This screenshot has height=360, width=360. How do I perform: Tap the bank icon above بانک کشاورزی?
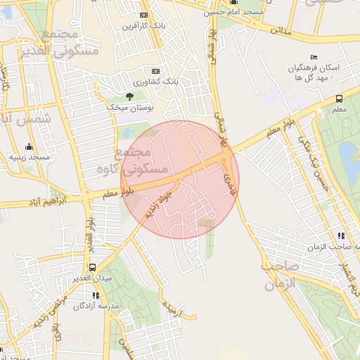155,71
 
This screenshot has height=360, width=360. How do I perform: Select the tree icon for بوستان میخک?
129,96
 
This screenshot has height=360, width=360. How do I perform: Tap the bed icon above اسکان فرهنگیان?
314,57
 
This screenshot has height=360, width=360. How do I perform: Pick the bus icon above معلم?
339,99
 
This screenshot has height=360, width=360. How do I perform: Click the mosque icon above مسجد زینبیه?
29,146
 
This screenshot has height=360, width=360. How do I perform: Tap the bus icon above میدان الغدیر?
92,268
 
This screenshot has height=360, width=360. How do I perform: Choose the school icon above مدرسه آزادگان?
96,295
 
